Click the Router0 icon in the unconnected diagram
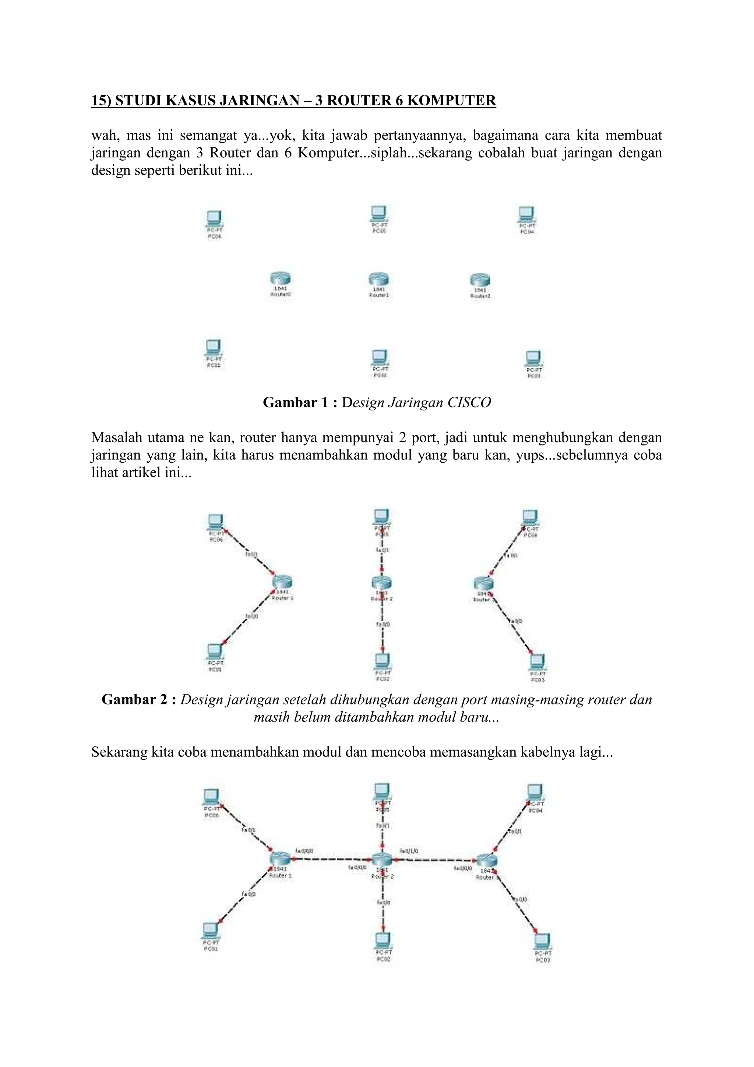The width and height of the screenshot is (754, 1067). pyautogui.click(x=281, y=279)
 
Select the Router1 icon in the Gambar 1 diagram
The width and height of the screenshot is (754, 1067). pyautogui.click(x=379, y=279)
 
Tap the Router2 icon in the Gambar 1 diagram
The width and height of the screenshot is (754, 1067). pyautogui.click(x=480, y=280)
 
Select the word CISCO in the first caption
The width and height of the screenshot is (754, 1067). pyautogui.click(x=469, y=402)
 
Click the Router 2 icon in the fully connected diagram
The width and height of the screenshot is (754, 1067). pyautogui.click(x=382, y=860)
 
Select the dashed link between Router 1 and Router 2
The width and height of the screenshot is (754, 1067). pyautogui.click(x=332, y=859)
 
